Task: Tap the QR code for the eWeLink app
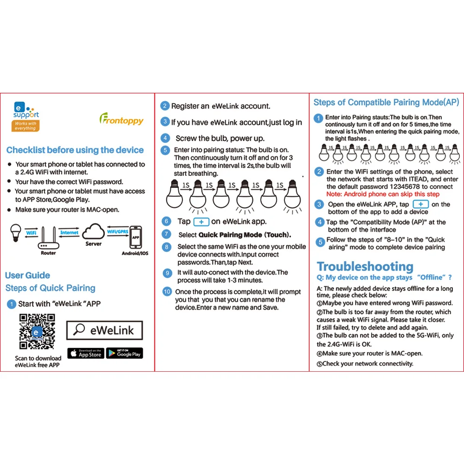point(37,332)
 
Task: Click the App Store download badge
point(86,353)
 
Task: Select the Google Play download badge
point(124,353)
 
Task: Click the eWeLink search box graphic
point(104,330)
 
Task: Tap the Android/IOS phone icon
point(135,237)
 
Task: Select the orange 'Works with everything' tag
point(26,126)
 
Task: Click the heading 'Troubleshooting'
point(365,266)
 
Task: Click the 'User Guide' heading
point(27,275)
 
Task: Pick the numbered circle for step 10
point(167,292)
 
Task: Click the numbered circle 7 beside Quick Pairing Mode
point(167,234)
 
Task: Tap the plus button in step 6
point(201,222)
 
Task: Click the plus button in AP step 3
point(420,204)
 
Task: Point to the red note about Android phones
point(382,194)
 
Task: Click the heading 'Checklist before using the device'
point(75,150)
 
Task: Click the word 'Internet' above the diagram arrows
point(69,232)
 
